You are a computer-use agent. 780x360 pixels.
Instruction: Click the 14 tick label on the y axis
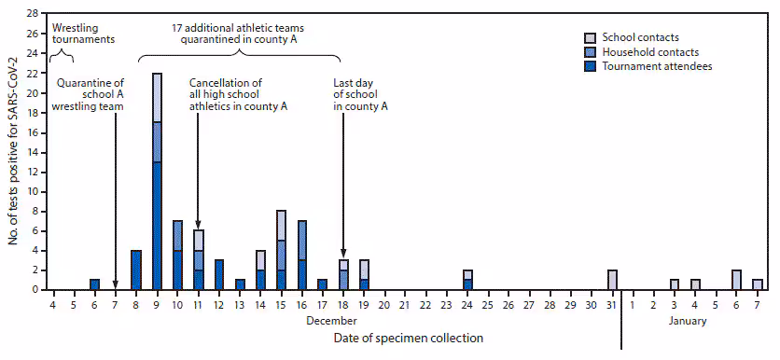pyautogui.click(x=33, y=152)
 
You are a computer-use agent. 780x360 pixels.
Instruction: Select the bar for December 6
pyautogui.click(x=94, y=284)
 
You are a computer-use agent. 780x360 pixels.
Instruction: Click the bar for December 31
pyautogui.click(x=612, y=280)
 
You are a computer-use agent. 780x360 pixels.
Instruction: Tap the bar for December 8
pyautogui.click(x=136, y=270)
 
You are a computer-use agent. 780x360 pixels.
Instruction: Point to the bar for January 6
pyautogui.click(x=736, y=280)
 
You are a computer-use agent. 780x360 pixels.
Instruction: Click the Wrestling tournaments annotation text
pyautogui.click(x=83, y=35)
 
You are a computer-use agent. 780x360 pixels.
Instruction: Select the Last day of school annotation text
pyautogui.click(x=360, y=94)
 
